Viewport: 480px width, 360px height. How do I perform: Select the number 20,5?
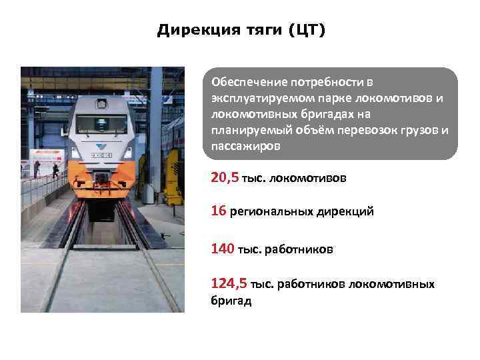tap(225, 177)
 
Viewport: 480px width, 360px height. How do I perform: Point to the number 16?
tap(218, 211)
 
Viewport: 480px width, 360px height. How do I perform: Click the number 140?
tap(221, 249)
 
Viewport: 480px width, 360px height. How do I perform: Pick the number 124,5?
tap(229, 283)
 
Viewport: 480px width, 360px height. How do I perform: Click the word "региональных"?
tap(275, 212)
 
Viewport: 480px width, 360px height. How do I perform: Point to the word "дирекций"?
tap(348, 212)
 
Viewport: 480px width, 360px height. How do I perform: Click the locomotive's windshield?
tap(101, 124)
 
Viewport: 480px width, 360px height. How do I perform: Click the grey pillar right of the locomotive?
tap(156, 133)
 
